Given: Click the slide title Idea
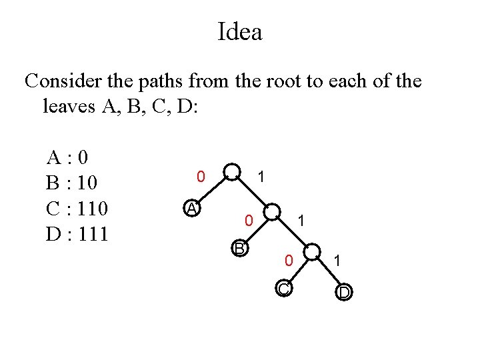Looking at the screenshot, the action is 239,31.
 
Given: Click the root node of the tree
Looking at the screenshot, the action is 232,172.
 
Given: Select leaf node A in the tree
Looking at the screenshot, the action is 192,209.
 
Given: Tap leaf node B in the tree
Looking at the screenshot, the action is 239,249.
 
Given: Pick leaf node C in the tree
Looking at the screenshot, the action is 283,289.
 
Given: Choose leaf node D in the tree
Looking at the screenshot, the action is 344,293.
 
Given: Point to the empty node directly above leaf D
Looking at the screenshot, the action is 311,253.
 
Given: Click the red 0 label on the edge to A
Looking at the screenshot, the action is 199,177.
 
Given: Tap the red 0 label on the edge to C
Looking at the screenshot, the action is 288,261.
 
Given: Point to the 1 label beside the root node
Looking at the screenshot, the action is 262,177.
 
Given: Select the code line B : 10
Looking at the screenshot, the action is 73,183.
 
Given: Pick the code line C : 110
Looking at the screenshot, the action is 77,208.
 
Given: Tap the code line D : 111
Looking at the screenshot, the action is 77,234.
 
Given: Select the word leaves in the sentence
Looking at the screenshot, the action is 69,106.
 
